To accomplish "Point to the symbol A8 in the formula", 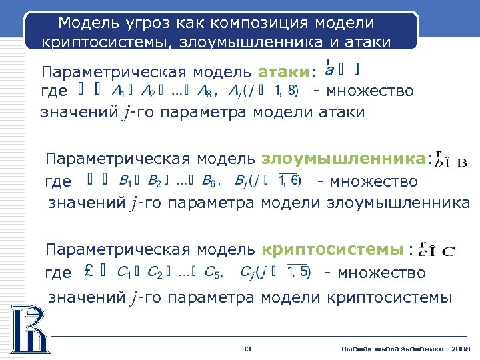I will click(x=205, y=91).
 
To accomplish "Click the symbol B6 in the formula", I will click(x=209, y=181).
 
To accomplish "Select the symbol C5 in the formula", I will click(x=213, y=272).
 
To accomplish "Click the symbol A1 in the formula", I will click(x=119, y=91).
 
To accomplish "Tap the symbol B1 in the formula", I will click(x=125, y=181).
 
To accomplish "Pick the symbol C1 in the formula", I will click(x=123, y=272).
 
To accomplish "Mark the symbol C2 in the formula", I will click(x=155, y=272).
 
